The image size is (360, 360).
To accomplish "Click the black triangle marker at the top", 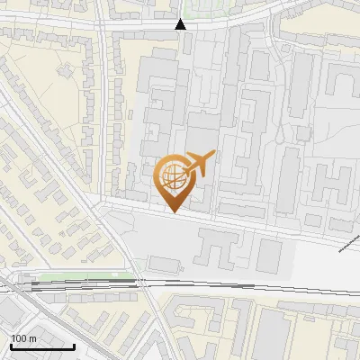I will (181, 23).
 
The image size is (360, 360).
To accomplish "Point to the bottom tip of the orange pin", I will (172, 212).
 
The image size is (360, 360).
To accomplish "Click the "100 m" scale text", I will (23, 337).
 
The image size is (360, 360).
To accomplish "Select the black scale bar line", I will (41, 346).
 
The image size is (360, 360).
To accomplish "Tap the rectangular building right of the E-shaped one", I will (269, 256).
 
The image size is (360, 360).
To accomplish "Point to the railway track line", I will (225, 285).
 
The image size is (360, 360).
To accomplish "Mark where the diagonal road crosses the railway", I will (144, 283).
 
